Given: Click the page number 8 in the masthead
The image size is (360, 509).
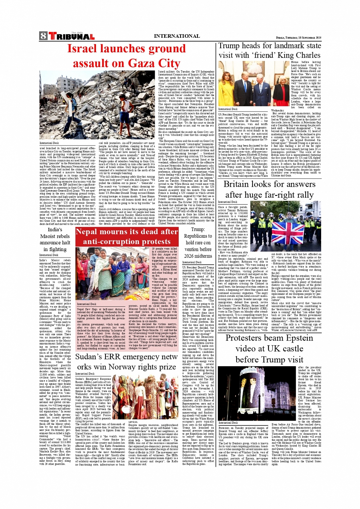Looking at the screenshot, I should click(43, 36).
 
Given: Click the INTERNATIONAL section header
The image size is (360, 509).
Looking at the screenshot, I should click(177, 36).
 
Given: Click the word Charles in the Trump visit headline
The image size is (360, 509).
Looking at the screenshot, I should click(305, 55).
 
